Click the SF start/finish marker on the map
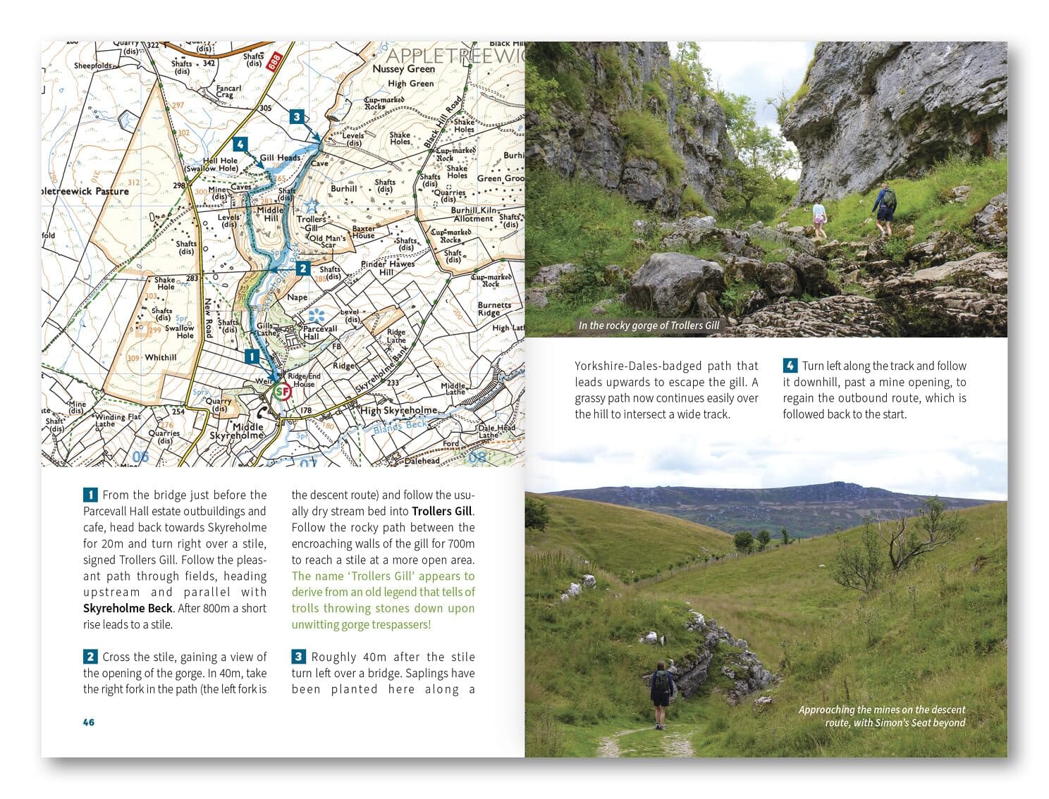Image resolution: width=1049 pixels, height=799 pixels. pos(282,391)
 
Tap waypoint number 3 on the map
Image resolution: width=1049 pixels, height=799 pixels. pos(297,118)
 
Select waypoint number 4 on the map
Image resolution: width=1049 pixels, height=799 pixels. pos(241,145)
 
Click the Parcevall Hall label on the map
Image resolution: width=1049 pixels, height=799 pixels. pos(320,332)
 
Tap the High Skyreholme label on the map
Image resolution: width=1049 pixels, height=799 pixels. pos(399,410)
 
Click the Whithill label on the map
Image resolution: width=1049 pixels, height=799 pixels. pos(161,358)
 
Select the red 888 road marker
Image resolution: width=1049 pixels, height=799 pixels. pos(275,61)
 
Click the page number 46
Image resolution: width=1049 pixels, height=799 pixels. pos(89,722)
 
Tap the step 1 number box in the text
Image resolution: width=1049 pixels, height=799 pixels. pos(90,495)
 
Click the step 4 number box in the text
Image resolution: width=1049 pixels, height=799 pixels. pos(790,366)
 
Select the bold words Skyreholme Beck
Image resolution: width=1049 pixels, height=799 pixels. pos(128,608)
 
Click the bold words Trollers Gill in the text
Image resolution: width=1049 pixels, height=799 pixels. pos(443,512)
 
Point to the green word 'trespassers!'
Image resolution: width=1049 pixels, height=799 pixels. pos(399,625)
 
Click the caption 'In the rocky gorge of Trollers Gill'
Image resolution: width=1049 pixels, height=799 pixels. pos(649,326)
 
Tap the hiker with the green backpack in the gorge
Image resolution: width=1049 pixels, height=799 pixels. pos(883,209)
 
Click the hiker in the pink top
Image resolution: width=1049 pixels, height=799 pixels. pos(818,219)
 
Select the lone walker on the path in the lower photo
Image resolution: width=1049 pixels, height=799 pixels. pos(661,694)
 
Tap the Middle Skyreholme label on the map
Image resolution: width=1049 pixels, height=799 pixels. pos(248,431)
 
